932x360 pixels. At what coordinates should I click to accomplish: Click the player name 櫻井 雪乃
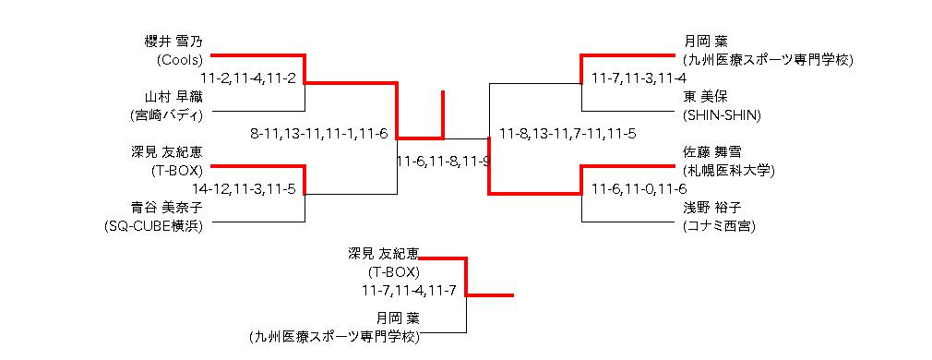(x=173, y=42)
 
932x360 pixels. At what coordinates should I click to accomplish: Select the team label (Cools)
(x=180, y=60)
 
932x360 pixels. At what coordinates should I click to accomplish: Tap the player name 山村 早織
(x=173, y=97)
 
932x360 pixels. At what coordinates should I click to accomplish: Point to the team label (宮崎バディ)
(x=166, y=115)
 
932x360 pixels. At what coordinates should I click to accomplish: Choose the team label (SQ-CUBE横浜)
(x=153, y=226)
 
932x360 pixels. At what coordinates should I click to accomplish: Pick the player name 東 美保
(x=706, y=97)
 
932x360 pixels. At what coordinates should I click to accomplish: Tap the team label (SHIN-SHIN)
(x=723, y=115)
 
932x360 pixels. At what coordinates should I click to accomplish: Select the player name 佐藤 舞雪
(x=712, y=152)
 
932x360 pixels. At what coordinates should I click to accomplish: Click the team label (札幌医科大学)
(x=729, y=171)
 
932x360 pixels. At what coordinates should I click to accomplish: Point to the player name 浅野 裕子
(x=712, y=208)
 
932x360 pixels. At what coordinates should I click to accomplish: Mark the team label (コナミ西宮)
(x=719, y=226)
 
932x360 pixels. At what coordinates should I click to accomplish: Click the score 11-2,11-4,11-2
(x=248, y=78)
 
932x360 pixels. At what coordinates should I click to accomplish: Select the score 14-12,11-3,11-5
(x=244, y=189)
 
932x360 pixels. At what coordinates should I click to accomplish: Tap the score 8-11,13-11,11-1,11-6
(x=319, y=134)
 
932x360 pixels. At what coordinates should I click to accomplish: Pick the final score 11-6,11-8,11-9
(x=443, y=161)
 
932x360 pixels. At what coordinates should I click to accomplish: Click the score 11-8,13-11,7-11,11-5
(x=568, y=134)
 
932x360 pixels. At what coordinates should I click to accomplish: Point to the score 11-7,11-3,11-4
(x=639, y=78)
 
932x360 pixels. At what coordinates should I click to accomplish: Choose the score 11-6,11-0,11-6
(x=639, y=189)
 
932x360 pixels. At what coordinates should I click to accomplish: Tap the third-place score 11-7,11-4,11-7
(x=409, y=291)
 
